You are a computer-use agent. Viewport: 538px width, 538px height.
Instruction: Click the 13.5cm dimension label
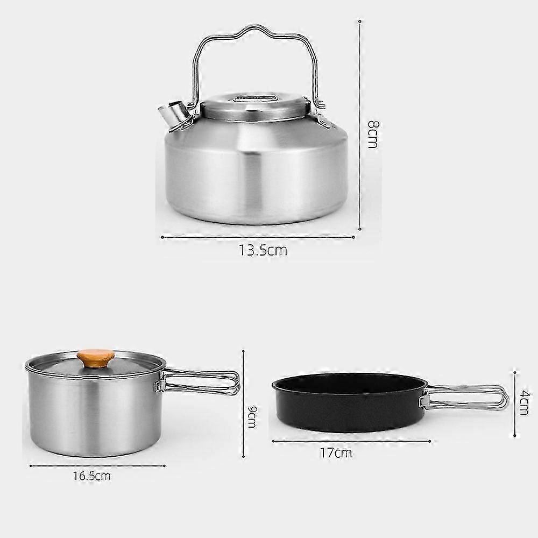(263, 251)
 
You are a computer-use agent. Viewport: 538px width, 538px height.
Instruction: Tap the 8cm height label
(373, 134)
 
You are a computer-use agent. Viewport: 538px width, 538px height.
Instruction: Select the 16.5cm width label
(91, 476)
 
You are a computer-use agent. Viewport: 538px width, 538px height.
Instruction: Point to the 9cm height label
(252, 416)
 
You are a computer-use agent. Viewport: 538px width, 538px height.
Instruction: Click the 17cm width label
(336, 453)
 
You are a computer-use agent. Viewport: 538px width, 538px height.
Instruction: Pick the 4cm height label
(524, 402)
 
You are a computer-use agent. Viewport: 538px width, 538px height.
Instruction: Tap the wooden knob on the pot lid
(96, 358)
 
